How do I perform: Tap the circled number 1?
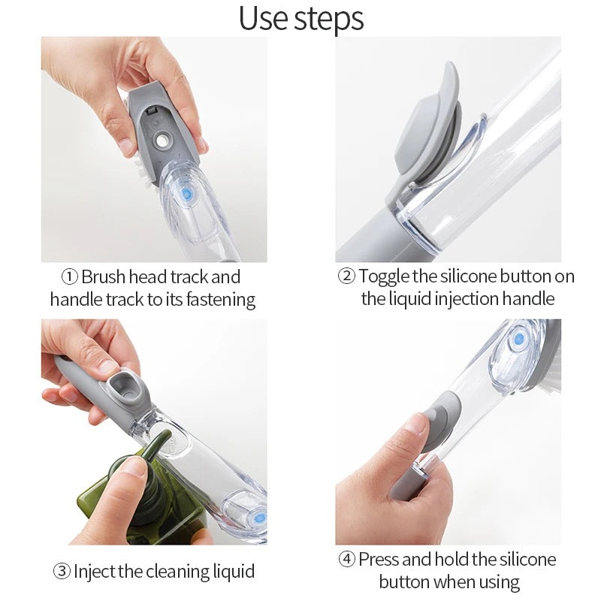(69, 276)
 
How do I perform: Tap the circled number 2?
(346, 276)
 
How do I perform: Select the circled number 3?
(62, 571)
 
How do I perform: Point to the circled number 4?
(346, 559)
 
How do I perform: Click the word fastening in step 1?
(219, 300)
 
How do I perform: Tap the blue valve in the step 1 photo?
(186, 194)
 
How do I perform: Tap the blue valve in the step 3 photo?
(256, 517)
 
